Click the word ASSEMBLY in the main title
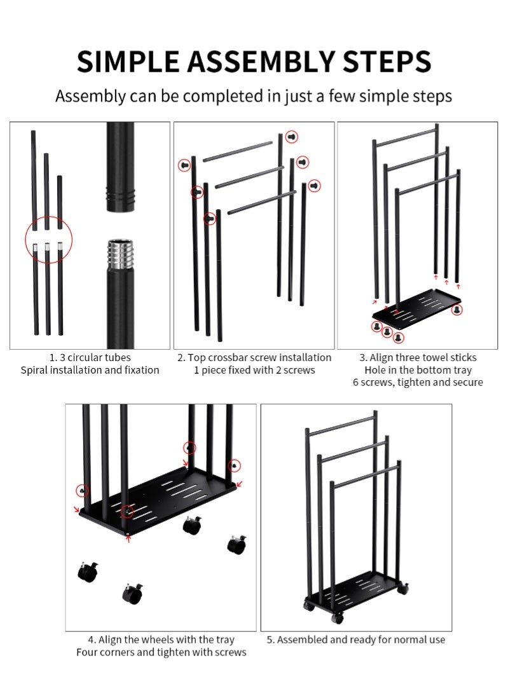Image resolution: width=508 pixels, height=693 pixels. point(261,62)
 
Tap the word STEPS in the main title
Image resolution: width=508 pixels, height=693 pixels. point(387,62)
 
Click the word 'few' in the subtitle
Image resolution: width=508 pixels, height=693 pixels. point(342,96)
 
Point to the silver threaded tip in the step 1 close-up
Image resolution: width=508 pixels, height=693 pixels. point(120,254)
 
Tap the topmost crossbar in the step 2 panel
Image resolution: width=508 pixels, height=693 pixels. point(237,151)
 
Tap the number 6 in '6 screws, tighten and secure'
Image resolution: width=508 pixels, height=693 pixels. point(355,382)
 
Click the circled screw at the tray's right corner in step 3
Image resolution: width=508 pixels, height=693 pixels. point(457,310)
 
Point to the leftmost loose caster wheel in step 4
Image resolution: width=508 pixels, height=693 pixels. point(88,572)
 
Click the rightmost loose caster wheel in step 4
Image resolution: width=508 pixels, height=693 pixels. point(237,544)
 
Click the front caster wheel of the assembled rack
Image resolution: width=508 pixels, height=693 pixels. point(337,617)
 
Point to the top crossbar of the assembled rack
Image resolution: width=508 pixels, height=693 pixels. point(341,423)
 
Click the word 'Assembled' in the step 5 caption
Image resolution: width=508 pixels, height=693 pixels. point(302,640)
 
